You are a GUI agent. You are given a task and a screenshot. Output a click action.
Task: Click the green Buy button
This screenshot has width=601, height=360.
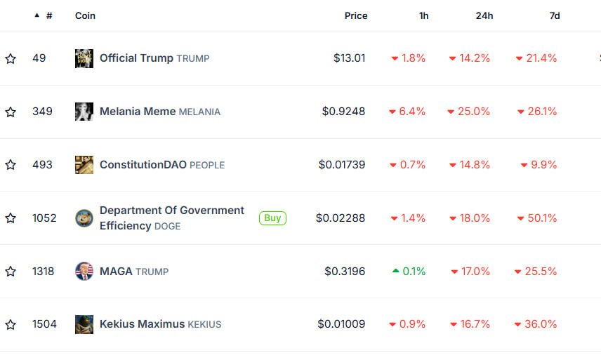click(x=272, y=218)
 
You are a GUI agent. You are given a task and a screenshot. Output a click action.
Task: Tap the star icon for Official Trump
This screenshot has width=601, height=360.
click(x=11, y=58)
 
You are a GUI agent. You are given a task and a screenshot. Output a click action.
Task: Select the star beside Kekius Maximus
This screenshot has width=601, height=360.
click(x=11, y=325)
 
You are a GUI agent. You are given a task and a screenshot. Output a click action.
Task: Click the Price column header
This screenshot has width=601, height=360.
click(x=356, y=15)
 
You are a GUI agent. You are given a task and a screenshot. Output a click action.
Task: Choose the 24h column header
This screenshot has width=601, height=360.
click(x=484, y=15)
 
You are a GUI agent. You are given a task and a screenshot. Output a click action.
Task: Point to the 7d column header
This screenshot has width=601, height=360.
click(x=555, y=15)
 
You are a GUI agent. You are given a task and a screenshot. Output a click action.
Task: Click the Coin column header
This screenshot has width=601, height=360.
click(x=85, y=15)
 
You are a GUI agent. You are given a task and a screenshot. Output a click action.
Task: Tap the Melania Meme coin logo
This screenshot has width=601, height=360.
click(x=84, y=112)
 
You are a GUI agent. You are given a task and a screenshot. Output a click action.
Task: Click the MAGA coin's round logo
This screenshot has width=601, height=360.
click(x=84, y=271)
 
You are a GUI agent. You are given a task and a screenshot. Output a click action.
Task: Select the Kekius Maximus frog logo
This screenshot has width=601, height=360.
click(x=84, y=324)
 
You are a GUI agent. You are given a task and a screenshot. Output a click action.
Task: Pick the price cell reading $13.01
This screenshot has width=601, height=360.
click(x=349, y=58)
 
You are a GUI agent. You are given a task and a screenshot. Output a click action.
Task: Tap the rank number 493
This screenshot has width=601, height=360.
click(x=42, y=165)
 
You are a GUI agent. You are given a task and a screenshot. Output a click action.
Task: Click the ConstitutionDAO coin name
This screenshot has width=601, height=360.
click(x=143, y=165)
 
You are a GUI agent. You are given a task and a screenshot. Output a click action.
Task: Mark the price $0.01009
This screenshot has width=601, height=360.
click(x=341, y=324)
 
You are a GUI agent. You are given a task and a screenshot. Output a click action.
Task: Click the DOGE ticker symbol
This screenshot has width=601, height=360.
click(x=167, y=227)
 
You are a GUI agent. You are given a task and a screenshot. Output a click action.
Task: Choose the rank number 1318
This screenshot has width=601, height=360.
click(x=44, y=272)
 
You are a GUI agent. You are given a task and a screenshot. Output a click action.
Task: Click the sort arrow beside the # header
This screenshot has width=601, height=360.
click(x=37, y=15)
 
